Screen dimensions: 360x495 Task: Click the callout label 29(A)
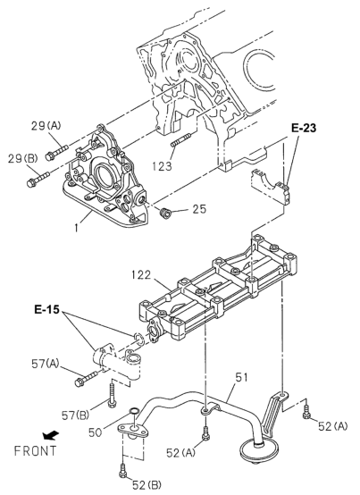(46, 127)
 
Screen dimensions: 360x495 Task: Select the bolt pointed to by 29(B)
(38, 179)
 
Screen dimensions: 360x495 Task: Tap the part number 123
(163, 166)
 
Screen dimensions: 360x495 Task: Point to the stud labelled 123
(180, 141)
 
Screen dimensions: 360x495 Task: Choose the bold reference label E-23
(304, 128)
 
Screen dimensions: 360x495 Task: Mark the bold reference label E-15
(46, 310)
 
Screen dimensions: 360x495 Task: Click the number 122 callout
(141, 275)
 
